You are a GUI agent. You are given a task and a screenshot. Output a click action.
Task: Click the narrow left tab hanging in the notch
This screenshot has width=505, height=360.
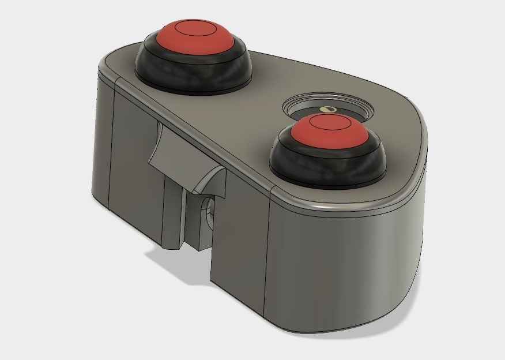click(x=172, y=213)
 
